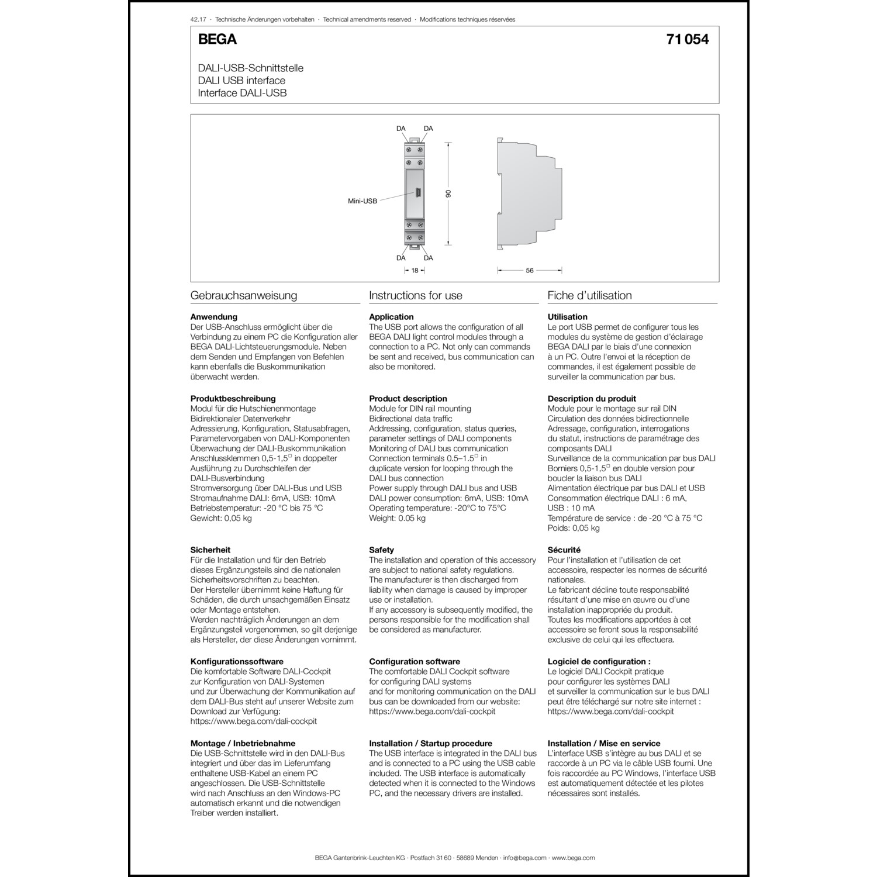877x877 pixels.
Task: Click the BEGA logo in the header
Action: (x=217, y=39)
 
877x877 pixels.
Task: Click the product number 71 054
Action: (x=687, y=39)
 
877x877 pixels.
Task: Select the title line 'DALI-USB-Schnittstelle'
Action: (x=250, y=68)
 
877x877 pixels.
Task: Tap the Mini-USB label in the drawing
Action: (x=362, y=201)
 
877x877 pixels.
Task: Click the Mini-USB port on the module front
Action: (x=418, y=193)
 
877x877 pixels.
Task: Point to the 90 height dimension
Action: (x=448, y=194)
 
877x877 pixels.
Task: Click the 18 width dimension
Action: (x=415, y=271)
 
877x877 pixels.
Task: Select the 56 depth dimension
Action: (x=529, y=271)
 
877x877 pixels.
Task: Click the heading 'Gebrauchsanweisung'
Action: (x=244, y=295)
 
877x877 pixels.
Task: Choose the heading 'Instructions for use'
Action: (x=415, y=295)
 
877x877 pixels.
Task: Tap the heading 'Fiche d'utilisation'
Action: (x=589, y=295)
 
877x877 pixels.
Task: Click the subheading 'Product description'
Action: (x=408, y=399)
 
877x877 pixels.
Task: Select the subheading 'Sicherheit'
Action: (x=210, y=550)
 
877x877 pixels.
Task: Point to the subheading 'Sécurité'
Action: (x=564, y=550)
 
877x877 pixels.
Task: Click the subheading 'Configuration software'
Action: (x=414, y=661)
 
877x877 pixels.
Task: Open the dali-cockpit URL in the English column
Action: (x=432, y=712)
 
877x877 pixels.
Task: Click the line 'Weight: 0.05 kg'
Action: (x=397, y=518)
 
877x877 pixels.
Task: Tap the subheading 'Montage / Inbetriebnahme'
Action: (x=243, y=743)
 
